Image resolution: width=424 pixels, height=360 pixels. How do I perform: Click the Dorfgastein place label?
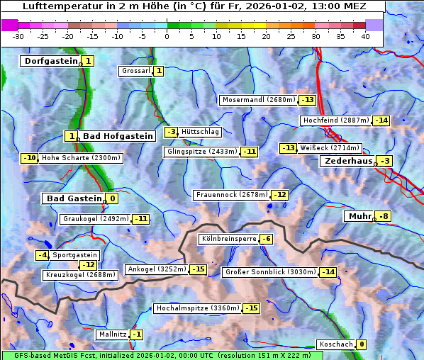coord(50,61)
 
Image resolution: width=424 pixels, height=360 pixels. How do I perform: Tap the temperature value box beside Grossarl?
coord(159,71)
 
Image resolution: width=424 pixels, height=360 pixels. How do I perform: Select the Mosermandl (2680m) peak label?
coord(259,100)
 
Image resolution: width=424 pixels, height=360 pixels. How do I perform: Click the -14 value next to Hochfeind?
coord(381,120)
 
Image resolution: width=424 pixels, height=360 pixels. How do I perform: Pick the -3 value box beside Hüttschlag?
coord(171,132)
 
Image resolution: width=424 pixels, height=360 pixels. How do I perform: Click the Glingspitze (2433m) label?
coord(202,152)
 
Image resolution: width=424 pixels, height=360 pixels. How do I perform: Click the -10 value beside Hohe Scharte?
coord(29,158)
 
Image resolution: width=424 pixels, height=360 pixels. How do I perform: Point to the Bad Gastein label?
coord(74,198)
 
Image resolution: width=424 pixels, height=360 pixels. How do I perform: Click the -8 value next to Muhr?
coord(384,216)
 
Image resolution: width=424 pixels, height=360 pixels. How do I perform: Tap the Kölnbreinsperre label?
coord(228,240)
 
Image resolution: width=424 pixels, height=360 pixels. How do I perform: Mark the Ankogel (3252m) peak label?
coord(156,269)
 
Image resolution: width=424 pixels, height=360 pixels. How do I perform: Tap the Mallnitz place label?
coord(112,334)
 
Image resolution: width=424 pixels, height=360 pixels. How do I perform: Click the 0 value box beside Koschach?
coord(362,344)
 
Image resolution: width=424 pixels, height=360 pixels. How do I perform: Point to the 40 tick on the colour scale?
coord(365,35)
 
